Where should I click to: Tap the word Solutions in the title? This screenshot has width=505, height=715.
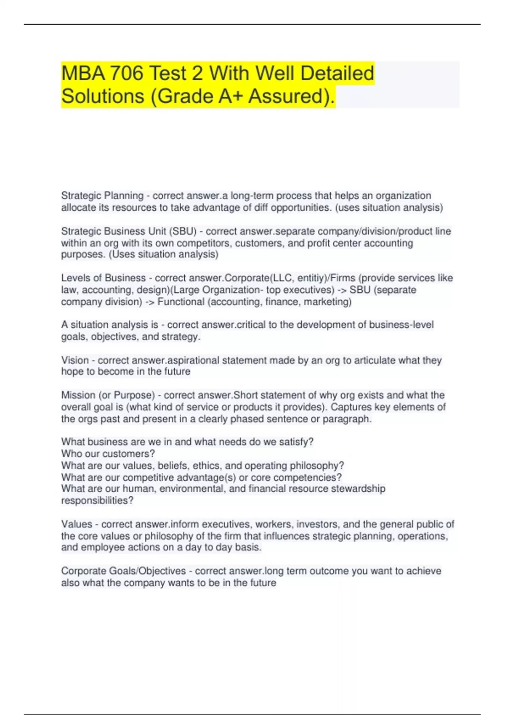click(x=103, y=96)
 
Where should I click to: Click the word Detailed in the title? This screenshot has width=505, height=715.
click(x=337, y=73)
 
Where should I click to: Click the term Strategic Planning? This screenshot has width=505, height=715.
click(x=102, y=196)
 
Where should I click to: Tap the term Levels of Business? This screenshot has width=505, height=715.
click(x=103, y=278)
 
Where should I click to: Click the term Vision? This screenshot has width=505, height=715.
click(x=75, y=360)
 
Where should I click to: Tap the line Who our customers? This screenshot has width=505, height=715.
click(x=108, y=454)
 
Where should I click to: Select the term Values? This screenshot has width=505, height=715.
click(x=77, y=524)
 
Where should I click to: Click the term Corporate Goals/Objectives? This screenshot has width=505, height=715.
click(x=123, y=571)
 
